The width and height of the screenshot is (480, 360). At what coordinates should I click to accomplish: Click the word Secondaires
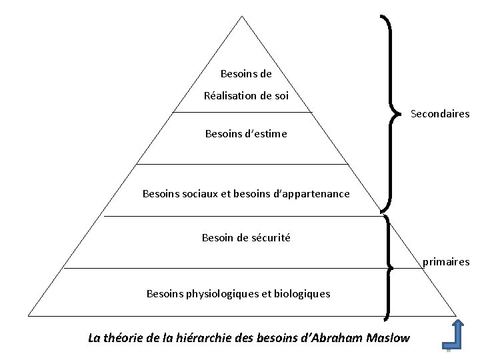(440, 114)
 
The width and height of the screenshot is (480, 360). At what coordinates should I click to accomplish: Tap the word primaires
(446, 262)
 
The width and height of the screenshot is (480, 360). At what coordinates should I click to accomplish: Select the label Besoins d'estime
(246, 133)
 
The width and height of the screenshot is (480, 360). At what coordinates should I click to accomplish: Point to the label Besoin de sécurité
(246, 237)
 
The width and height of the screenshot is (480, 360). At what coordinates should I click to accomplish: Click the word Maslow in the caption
(387, 337)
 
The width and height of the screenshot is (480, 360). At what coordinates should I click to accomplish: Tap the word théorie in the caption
(125, 337)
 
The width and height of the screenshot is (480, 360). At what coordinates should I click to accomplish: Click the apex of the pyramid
(241, 17)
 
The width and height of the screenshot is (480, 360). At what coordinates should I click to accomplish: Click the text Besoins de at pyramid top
(245, 73)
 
